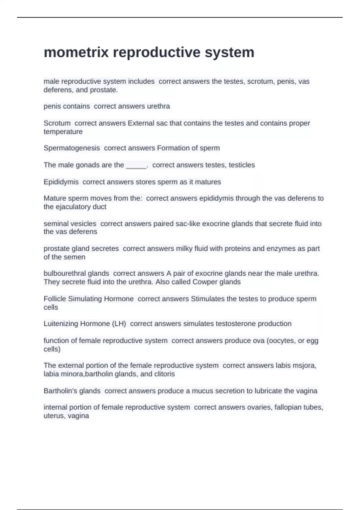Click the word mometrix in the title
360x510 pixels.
pos(76,52)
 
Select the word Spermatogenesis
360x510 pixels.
pos(72,148)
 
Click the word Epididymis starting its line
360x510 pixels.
pos(61,182)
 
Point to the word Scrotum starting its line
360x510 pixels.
pos(57,123)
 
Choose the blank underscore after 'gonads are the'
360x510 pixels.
pos(136,165)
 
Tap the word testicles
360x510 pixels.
pos(242,165)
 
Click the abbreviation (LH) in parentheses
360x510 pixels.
pos(119,323)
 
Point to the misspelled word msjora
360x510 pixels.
pos(306,365)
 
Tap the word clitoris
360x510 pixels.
pos(164,374)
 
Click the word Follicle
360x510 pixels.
pos(55,299)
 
